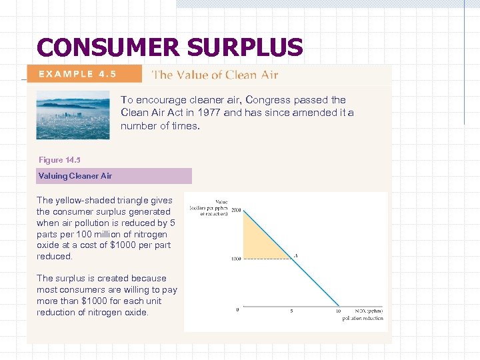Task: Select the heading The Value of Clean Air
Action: tap(215, 75)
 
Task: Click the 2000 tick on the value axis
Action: tap(235, 209)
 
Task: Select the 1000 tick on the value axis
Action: tap(235, 259)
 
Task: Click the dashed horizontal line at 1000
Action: tap(267, 259)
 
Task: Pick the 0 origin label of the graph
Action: tap(238, 310)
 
